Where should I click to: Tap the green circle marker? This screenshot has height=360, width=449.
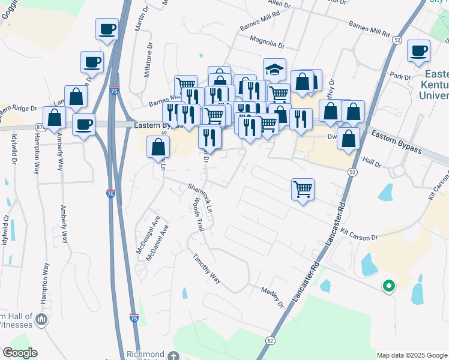pyautogui.click(x=388, y=287)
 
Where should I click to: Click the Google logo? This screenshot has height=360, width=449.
pyautogui.click(x=20, y=353)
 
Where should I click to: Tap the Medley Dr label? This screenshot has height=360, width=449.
pyautogui.click(x=272, y=297)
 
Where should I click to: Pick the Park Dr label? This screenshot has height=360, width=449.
pyautogui.click(x=399, y=77)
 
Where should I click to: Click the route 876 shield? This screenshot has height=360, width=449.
pyautogui.click(x=39, y=127)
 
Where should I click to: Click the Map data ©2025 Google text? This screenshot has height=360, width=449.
pyautogui.click(x=412, y=355)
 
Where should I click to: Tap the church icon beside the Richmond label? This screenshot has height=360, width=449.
pyautogui.click(x=173, y=355)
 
